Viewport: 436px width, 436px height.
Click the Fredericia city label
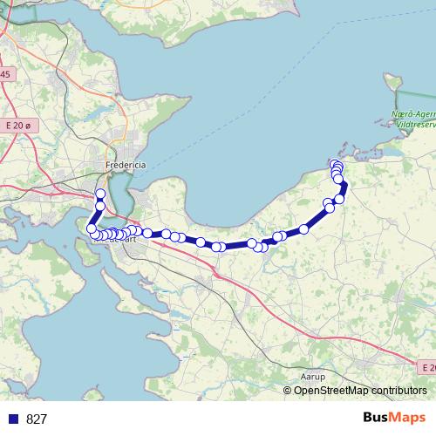tap(125, 165)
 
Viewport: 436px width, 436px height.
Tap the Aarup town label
tap(311, 377)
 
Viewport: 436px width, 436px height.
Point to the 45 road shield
tap(5, 74)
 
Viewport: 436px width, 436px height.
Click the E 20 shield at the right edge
tap(426, 368)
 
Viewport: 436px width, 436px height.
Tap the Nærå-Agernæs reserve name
tap(413, 114)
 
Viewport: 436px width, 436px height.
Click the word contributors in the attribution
tap(398, 391)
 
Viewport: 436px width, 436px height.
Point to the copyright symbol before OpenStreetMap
tap(288, 391)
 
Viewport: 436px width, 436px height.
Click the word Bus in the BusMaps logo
tap(377, 418)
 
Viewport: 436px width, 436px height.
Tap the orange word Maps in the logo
tap(408, 418)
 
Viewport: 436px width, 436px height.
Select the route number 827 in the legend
tap(37, 419)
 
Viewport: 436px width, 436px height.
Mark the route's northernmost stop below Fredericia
tap(100, 194)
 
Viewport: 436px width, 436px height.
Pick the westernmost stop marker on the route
tap(92, 228)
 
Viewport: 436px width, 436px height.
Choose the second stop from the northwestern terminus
tap(99, 205)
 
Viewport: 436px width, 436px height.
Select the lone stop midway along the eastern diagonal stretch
tap(304, 229)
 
